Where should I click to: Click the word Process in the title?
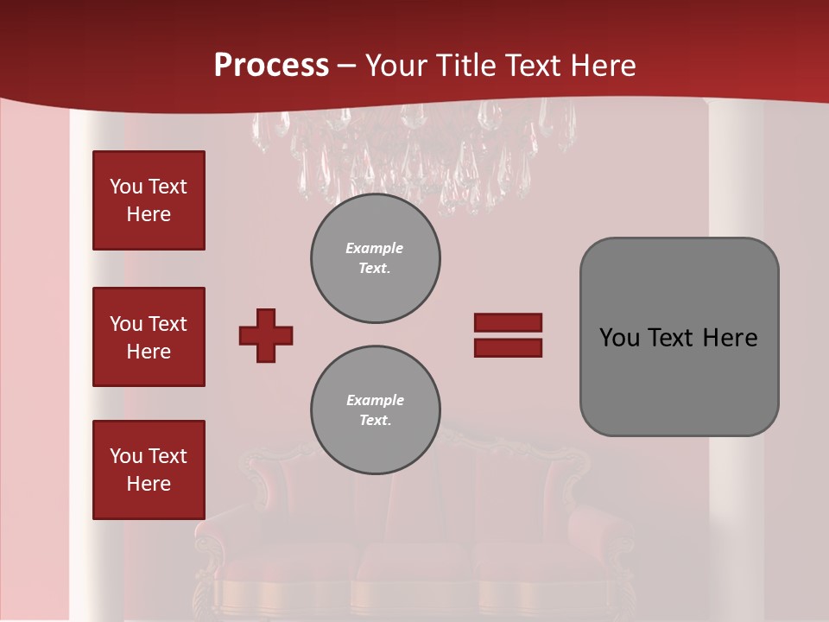pyautogui.click(x=271, y=66)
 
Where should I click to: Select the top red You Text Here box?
pyautogui.click(x=149, y=200)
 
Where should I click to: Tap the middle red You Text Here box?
pyautogui.click(x=149, y=337)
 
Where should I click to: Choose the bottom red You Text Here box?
pyautogui.click(x=149, y=470)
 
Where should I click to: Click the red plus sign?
pyautogui.click(x=266, y=335)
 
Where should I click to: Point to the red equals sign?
pyautogui.click(x=508, y=335)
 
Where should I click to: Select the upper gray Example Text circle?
pyautogui.click(x=376, y=258)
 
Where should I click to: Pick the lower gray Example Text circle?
pyautogui.click(x=376, y=410)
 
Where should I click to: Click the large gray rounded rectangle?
pyautogui.click(x=679, y=337)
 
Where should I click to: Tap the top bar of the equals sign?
pyautogui.click(x=508, y=323)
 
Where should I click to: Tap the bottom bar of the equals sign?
pyautogui.click(x=508, y=347)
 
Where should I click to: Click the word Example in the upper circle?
pyautogui.click(x=375, y=248)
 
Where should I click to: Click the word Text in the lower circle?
pyautogui.click(x=375, y=421)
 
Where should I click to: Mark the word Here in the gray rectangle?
pyautogui.click(x=730, y=338)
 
